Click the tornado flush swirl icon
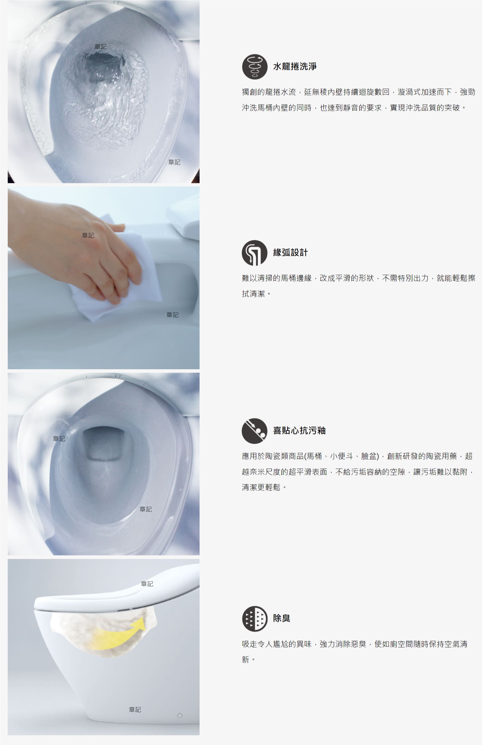pyautogui.click(x=255, y=67)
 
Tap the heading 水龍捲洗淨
pyautogui.click(x=295, y=66)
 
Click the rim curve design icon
pyautogui.click(x=255, y=252)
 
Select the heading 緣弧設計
pyautogui.click(x=290, y=252)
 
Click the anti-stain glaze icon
pyautogui.click(x=255, y=431)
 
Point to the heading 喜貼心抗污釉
pyautogui.click(x=299, y=431)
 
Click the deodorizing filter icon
pyautogui.click(x=255, y=618)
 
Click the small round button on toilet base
pyautogui.click(x=180, y=716)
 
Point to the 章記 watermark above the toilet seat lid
pyautogui.click(x=147, y=584)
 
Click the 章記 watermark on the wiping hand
pyautogui.click(x=88, y=235)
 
